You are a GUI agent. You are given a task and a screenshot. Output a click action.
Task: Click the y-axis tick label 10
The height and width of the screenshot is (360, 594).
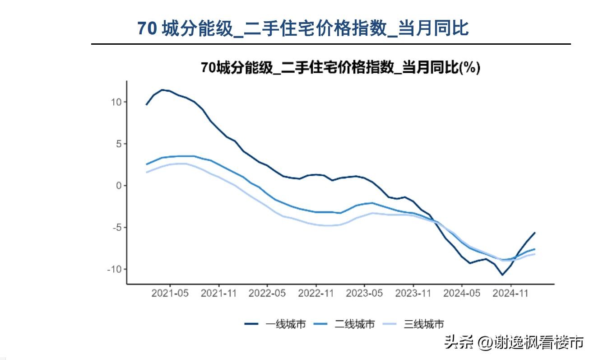[116, 102]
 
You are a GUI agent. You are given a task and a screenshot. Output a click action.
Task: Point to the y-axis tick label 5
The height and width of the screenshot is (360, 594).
[119, 144]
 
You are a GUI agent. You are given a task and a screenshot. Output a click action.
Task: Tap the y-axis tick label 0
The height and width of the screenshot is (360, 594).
[119, 186]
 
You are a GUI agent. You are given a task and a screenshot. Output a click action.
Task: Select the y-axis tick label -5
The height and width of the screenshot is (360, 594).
[117, 228]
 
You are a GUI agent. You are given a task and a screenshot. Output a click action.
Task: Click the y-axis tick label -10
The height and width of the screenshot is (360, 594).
[114, 270]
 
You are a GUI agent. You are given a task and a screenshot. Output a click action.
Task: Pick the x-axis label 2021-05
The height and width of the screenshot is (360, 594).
[170, 293]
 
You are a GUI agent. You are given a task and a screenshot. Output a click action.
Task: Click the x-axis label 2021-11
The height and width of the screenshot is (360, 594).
[219, 293]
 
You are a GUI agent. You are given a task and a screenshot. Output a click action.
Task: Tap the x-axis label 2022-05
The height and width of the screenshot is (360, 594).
[267, 293]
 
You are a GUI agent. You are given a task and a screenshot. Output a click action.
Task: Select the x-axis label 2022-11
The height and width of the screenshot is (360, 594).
[316, 293]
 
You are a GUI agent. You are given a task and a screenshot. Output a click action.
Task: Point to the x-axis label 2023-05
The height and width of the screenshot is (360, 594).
[364, 293]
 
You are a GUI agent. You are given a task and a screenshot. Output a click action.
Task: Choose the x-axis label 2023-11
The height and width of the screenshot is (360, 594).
[413, 293]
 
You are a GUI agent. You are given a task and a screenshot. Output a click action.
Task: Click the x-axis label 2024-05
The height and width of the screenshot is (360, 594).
[462, 293]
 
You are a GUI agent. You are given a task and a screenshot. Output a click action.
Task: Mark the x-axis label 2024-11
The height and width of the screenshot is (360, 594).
[510, 293]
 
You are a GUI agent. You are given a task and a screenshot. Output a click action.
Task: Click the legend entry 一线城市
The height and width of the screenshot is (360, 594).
[275, 324]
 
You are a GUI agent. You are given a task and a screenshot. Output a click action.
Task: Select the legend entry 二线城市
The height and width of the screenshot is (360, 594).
[344, 324]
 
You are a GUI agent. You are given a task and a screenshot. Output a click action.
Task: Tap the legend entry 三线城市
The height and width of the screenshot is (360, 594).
[413, 324]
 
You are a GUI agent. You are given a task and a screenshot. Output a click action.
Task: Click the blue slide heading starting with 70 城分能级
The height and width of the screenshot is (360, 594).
[303, 28]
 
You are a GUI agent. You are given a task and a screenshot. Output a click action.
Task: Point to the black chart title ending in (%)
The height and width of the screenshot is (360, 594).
[340, 67]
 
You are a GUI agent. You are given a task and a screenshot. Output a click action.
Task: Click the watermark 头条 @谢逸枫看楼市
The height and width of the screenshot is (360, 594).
[514, 342]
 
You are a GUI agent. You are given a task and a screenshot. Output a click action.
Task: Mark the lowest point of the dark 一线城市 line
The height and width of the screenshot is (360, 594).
[502, 275]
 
